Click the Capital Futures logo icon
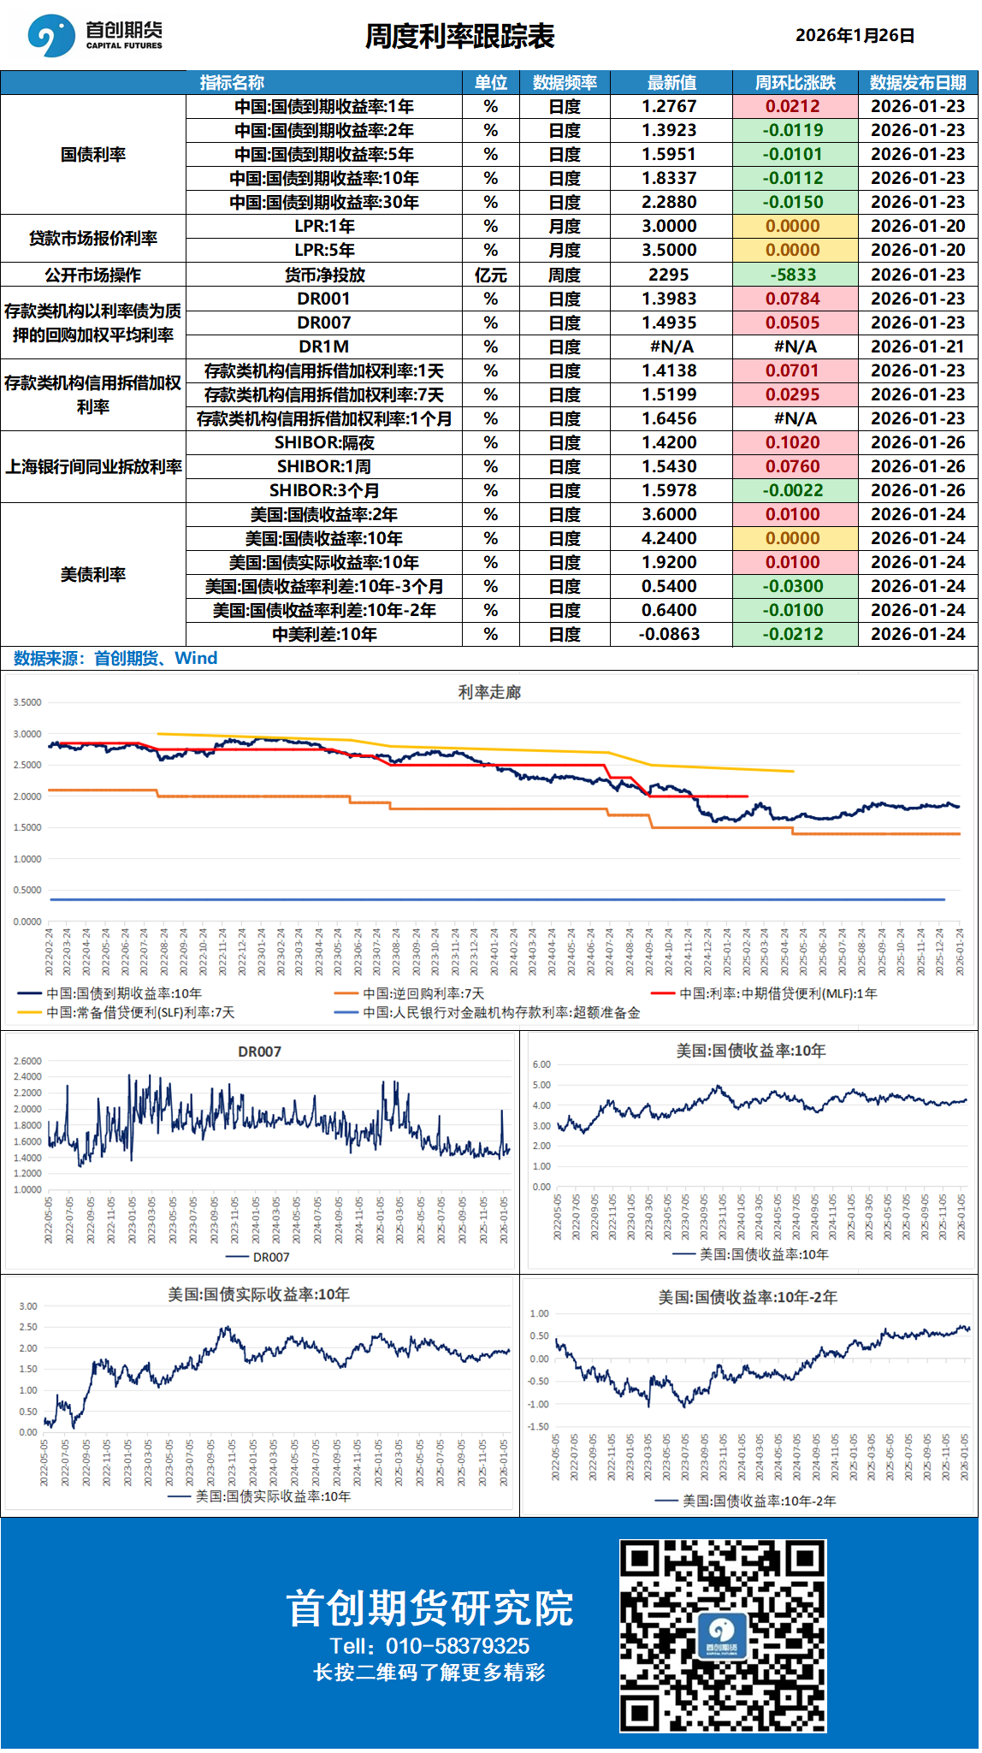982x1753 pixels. (50, 36)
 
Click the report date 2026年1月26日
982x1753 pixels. (855, 36)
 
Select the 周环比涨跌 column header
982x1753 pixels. (795, 83)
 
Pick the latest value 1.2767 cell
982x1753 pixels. (670, 107)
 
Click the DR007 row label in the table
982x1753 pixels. (324, 323)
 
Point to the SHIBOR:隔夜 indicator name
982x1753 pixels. (324, 442)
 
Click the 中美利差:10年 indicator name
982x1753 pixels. (324, 634)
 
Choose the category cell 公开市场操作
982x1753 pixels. (92, 275)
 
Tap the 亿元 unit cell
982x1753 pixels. (490, 275)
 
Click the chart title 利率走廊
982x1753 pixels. (489, 692)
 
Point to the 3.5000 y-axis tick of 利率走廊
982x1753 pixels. (27, 702)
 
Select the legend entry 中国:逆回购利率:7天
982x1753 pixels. (423, 993)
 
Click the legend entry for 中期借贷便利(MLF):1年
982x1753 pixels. (778, 993)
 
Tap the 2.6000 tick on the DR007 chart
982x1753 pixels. (27, 1061)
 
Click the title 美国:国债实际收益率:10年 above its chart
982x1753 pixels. (258, 1294)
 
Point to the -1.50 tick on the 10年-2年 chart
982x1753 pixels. (539, 1426)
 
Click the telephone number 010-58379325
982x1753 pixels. (457, 1646)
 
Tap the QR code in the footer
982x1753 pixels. (723, 1636)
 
